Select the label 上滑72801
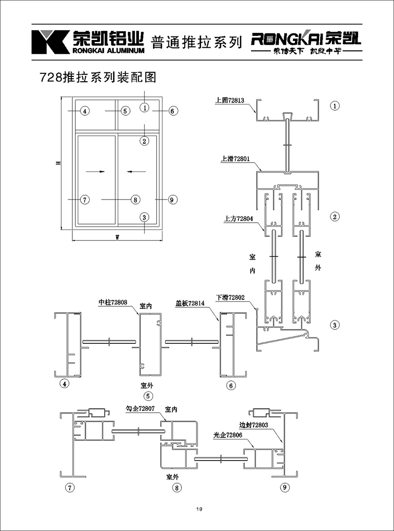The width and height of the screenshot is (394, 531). (237, 159)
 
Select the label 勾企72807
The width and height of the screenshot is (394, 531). (140, 409)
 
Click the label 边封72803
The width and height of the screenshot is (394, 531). (253, 425)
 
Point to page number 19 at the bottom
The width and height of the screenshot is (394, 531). (198, 509)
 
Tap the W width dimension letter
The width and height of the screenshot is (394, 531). (117, 237)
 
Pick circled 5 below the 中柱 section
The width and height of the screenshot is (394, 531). (146, 396)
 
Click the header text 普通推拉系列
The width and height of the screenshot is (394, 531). (196, 41)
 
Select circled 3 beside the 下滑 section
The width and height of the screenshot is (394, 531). (334, 325)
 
